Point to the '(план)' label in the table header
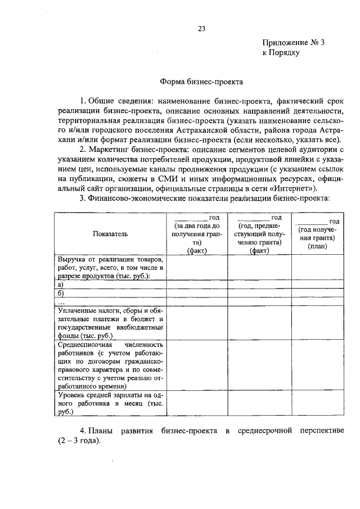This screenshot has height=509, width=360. pyautogui.click(x=317, y=246)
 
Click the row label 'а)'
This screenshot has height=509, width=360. pyautogui.click(x=61, y=285)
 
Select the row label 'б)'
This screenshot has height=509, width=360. pyautogui.click(x=61, y=293)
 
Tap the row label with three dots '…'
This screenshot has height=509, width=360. pyautogui.click(x=62, y=301)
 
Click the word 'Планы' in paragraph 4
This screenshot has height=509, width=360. pyautogui.click(x=103, y=430)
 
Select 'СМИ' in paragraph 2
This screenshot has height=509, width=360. pyautogui.click(x=159, y=178)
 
